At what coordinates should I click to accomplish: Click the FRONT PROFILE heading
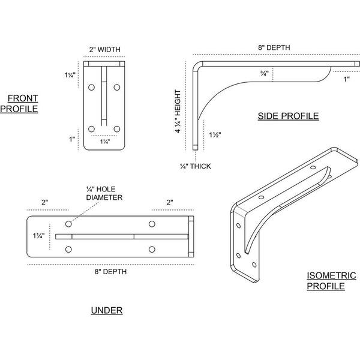[x=19, y=104]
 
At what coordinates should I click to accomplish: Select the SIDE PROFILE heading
[x=288, y=116]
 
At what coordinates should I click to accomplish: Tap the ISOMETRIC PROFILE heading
[x=332, y=281]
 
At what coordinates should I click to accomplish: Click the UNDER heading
[x=107, y=310]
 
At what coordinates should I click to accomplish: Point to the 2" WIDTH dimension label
[x=104, y=49]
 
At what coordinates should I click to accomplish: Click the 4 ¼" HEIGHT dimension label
[x=178, y=112]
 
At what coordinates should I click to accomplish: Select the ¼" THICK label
[x=196, y=166]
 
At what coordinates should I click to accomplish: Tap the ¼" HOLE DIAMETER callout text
[x=104, y=193]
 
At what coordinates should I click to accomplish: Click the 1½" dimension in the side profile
[x=215, y=134]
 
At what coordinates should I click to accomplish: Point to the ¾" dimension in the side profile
[x=264, y=73]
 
